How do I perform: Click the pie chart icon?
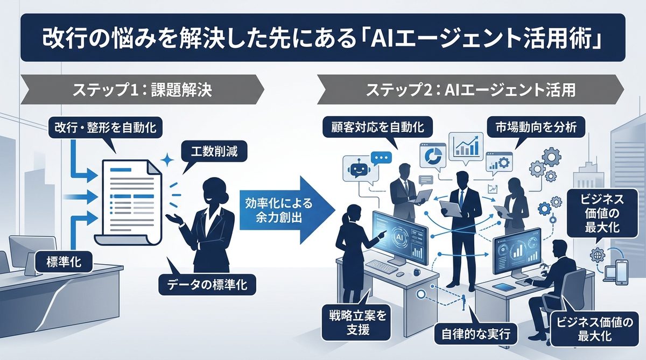(x=433, y=156)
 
